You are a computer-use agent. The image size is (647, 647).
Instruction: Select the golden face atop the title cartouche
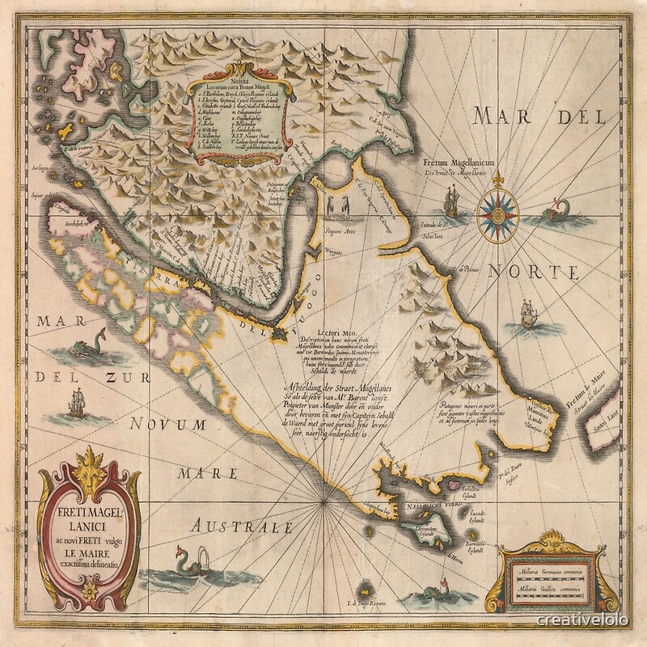pos(88,470)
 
